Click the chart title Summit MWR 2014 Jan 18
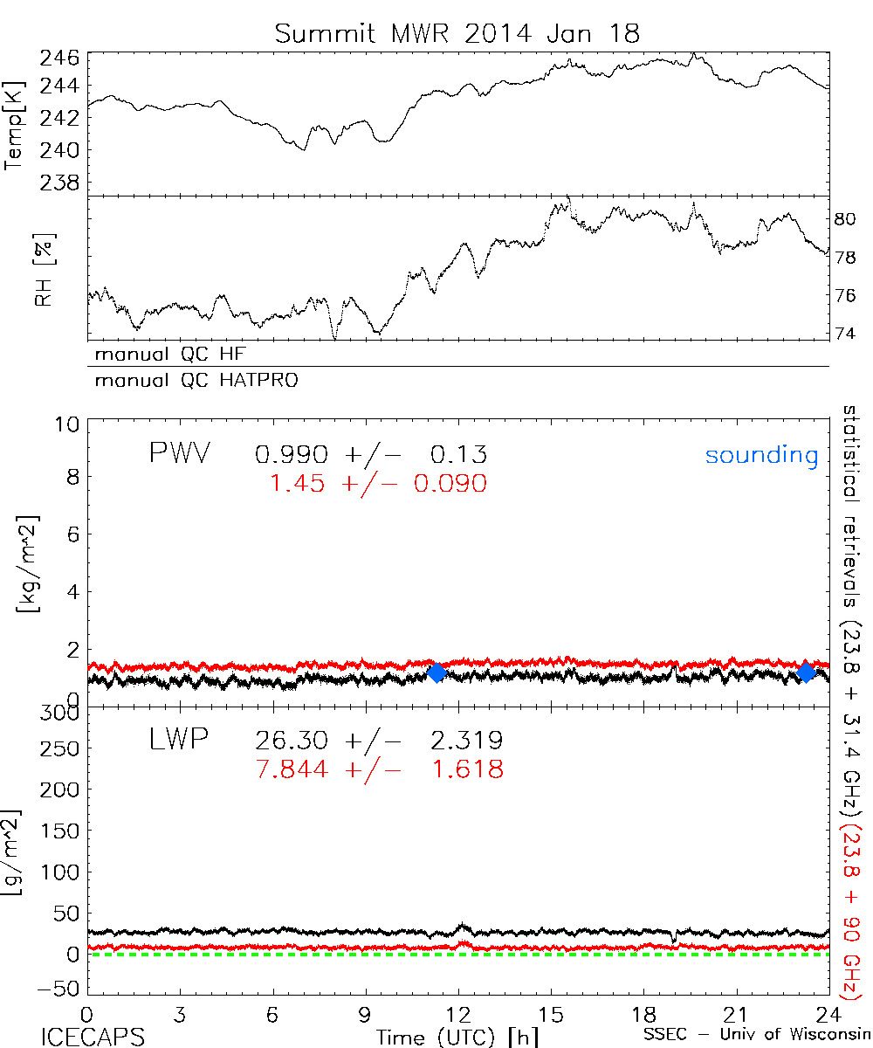457,33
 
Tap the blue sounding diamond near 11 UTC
436,672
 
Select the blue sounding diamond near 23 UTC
807,672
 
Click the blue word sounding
761,455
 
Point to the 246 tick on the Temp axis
61,59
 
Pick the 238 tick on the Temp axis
61,183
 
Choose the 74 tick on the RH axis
844,333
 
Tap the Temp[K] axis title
15,126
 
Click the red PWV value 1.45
298,483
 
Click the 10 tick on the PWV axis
71,425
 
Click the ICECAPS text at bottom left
93,1036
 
